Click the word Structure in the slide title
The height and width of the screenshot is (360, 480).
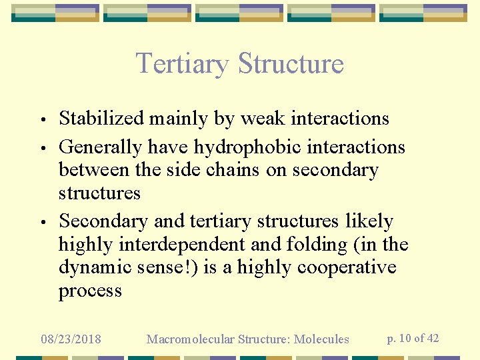(x=291, y=64)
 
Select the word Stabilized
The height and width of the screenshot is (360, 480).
(x=101, y=119)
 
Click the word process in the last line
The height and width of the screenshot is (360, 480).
(x=90, y=291)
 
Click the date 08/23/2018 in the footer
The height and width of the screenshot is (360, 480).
(x=71, y=339)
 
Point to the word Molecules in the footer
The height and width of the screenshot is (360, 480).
(x=323, y=339)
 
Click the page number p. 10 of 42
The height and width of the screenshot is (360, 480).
(x=413, y=339)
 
